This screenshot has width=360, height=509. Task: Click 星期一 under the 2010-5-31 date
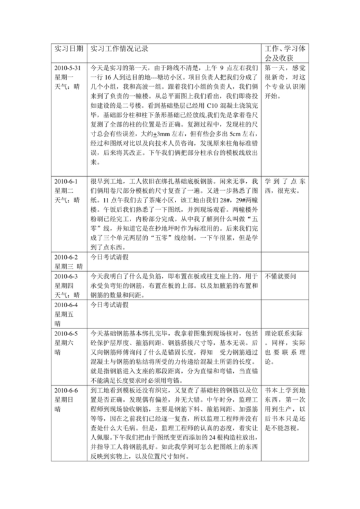[66, 77]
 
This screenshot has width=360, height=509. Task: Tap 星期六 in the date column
[66, 344]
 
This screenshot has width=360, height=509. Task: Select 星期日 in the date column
[66, 400]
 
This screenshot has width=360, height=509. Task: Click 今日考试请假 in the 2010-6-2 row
[111, 256]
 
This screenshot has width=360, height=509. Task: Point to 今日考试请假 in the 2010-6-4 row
[111, 305]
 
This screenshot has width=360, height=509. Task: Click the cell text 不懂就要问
[282, 276]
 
